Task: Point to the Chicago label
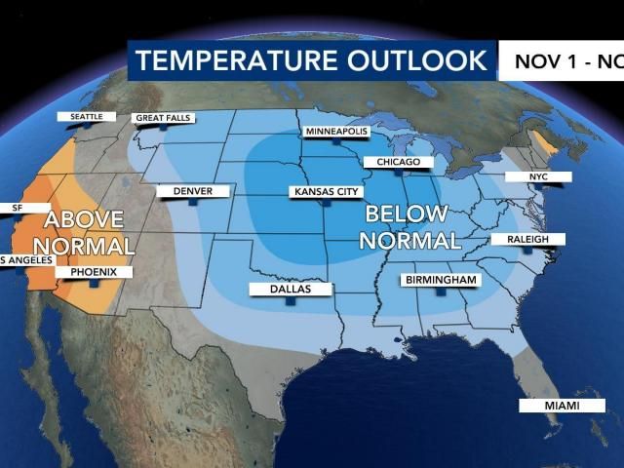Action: click(392, 162)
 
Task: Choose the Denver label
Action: click(192, 191)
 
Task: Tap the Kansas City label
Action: click(328, 192)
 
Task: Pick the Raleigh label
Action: click(526, 239)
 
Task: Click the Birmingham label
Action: click(441, 281)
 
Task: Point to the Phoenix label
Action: click(93, 272)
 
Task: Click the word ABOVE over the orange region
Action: click(84, 219)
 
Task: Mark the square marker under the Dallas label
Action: click(291, 302)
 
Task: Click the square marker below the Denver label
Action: click(193, 203)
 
